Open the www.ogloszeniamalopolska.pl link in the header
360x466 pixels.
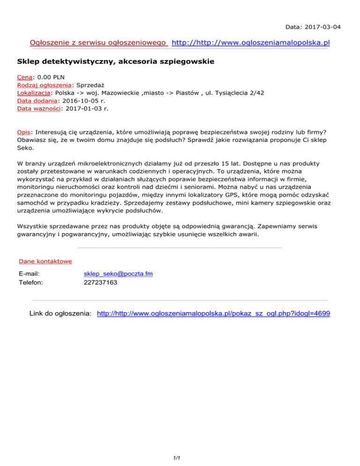coord(251,43)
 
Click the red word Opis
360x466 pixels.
coord(23,132)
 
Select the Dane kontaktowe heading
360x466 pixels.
coord(45,261)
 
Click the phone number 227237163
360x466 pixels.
coord(101,283)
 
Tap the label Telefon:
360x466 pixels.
coord(31,283)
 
